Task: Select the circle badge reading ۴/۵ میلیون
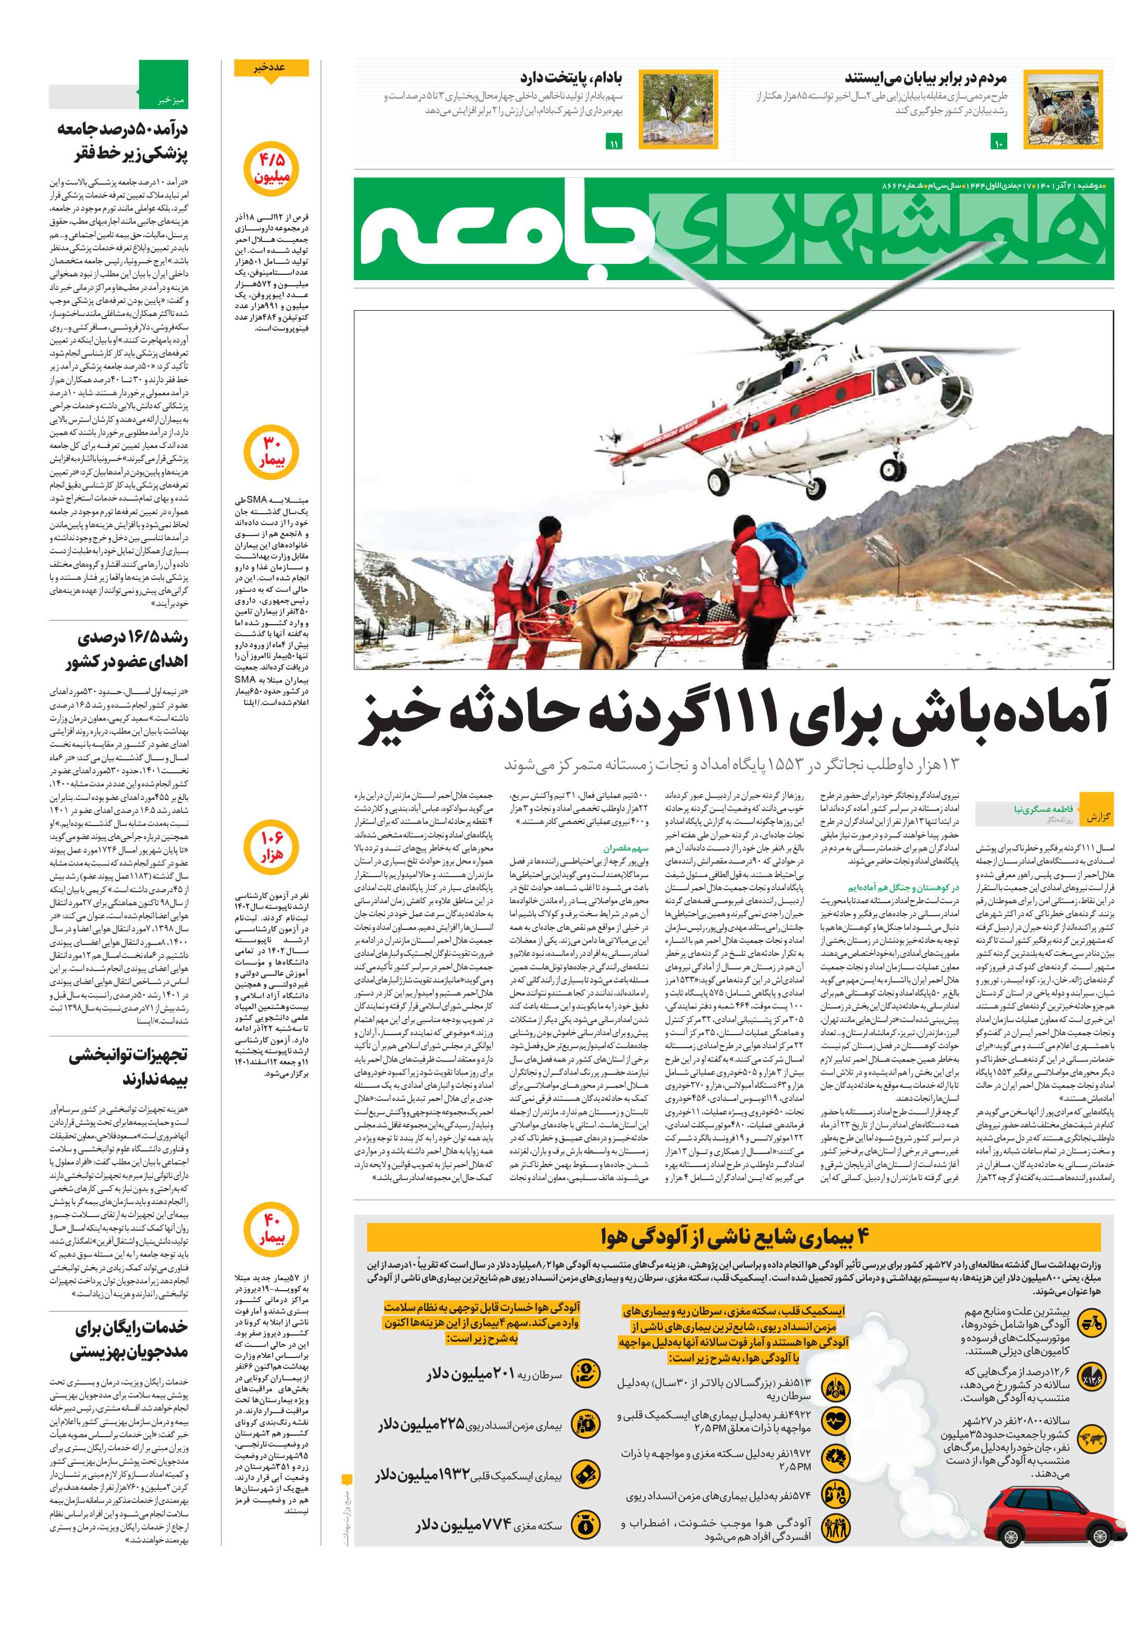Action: tap(271, 169)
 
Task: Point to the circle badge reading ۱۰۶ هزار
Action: tap(271, 847)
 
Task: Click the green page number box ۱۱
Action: tap(613, 143)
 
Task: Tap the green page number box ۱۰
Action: tap(998, 143)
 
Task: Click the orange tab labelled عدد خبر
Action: tap(271, 68)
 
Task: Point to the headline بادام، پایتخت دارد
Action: tap(570, 77)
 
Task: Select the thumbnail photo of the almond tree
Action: tap(679, 109)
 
